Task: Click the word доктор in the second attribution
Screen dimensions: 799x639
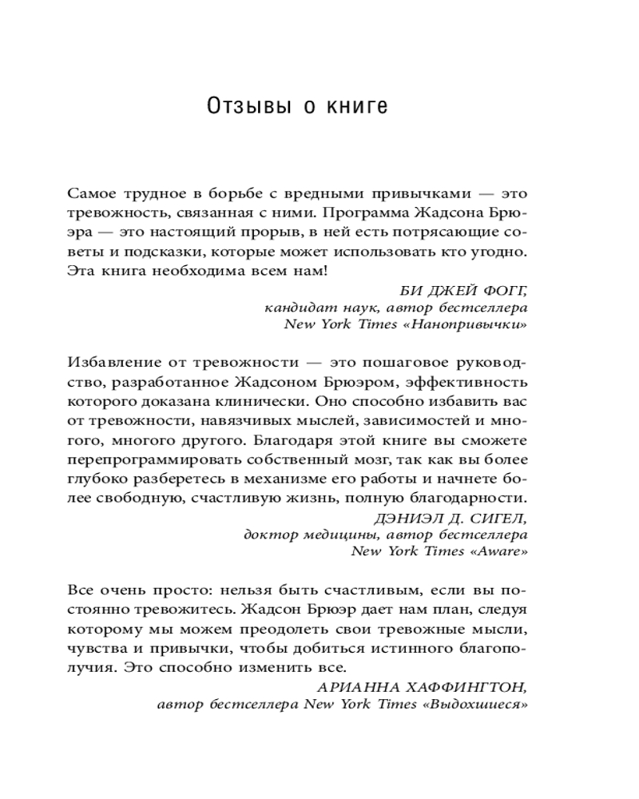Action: [268, 536]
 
